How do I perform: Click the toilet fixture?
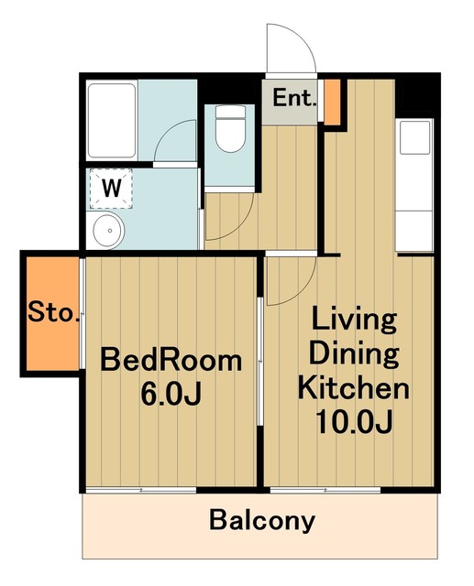tap(230, 128)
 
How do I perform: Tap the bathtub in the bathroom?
tap(112, 121)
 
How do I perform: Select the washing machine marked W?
tap(111, 189)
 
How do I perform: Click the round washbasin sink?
tap(108, 231)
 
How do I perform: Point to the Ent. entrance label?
tap(294, 98)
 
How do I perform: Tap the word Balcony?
tap(262, 521)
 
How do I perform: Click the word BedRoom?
tap(171, 360)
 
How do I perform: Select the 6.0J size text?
tap(171, 395)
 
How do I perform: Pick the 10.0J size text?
tap(354, 421)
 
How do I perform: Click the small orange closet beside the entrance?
tap(332, 102)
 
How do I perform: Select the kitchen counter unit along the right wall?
tap(414, 185)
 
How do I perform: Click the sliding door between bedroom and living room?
tap(260, 361)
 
